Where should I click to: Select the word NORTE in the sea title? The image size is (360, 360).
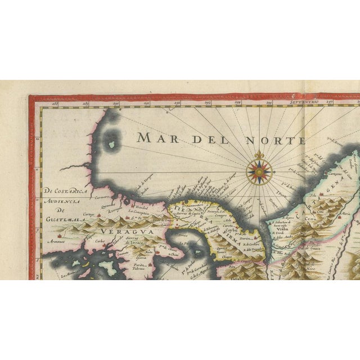(x=279, y=139)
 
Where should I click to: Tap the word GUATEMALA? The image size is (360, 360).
(x=63, y=213)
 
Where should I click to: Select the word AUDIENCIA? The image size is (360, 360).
(x=63, y=201)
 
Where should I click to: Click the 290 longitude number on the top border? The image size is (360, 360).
(x=116, y=103)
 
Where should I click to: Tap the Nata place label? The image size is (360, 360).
(x=149, y=253)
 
